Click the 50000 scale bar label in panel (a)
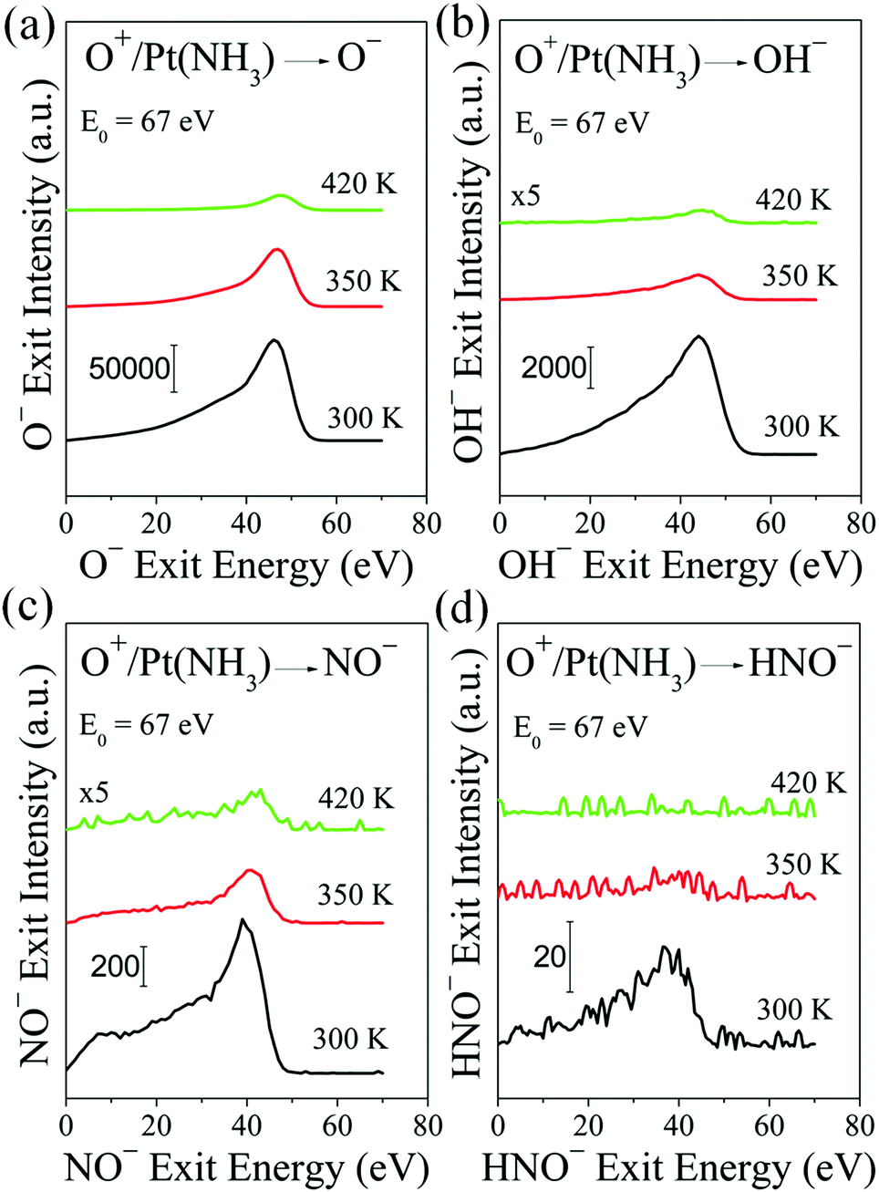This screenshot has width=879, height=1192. (129, 368)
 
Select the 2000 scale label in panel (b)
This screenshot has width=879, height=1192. (553, 368)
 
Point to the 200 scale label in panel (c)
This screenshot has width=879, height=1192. (115, 966)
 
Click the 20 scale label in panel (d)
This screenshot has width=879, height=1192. (550, 957)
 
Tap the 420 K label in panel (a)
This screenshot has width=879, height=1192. (358, 183)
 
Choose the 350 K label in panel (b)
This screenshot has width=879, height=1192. (799, 275)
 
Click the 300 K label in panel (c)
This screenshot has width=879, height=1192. (350, 1038)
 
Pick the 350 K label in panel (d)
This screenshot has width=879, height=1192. (801, 864)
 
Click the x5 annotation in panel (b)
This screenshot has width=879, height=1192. (525, 196)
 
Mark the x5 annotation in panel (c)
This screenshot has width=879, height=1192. (93, 793)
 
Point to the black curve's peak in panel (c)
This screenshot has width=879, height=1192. (243, 919)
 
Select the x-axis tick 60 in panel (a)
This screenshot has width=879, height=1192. (336, 524)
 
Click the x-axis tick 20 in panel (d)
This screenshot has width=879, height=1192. (588, 1125)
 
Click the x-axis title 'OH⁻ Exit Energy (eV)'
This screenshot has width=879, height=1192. (679, 566)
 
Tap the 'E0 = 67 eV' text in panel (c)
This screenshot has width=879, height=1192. (146, 726)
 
